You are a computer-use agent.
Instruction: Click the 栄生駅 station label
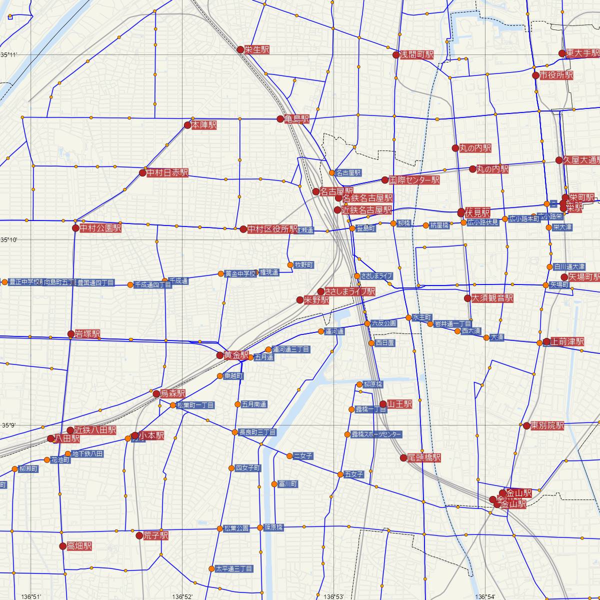click(x=257, y=49)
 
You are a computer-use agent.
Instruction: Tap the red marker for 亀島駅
click(x=280, y=119)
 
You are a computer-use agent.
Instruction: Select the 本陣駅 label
click(x=204, y=125)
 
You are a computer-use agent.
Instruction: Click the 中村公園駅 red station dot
click(x=75, y=228)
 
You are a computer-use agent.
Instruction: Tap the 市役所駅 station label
click(x=556, y=75)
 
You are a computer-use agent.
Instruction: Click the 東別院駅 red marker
click(x=526, y=426)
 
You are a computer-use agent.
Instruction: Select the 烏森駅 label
click(x=172, y=393)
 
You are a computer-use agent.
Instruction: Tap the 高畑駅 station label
click(x=79, y=546)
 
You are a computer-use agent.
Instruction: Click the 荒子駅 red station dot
click(x=139, y=536)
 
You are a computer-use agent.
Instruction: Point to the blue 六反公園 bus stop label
click(x=384, y=323)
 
